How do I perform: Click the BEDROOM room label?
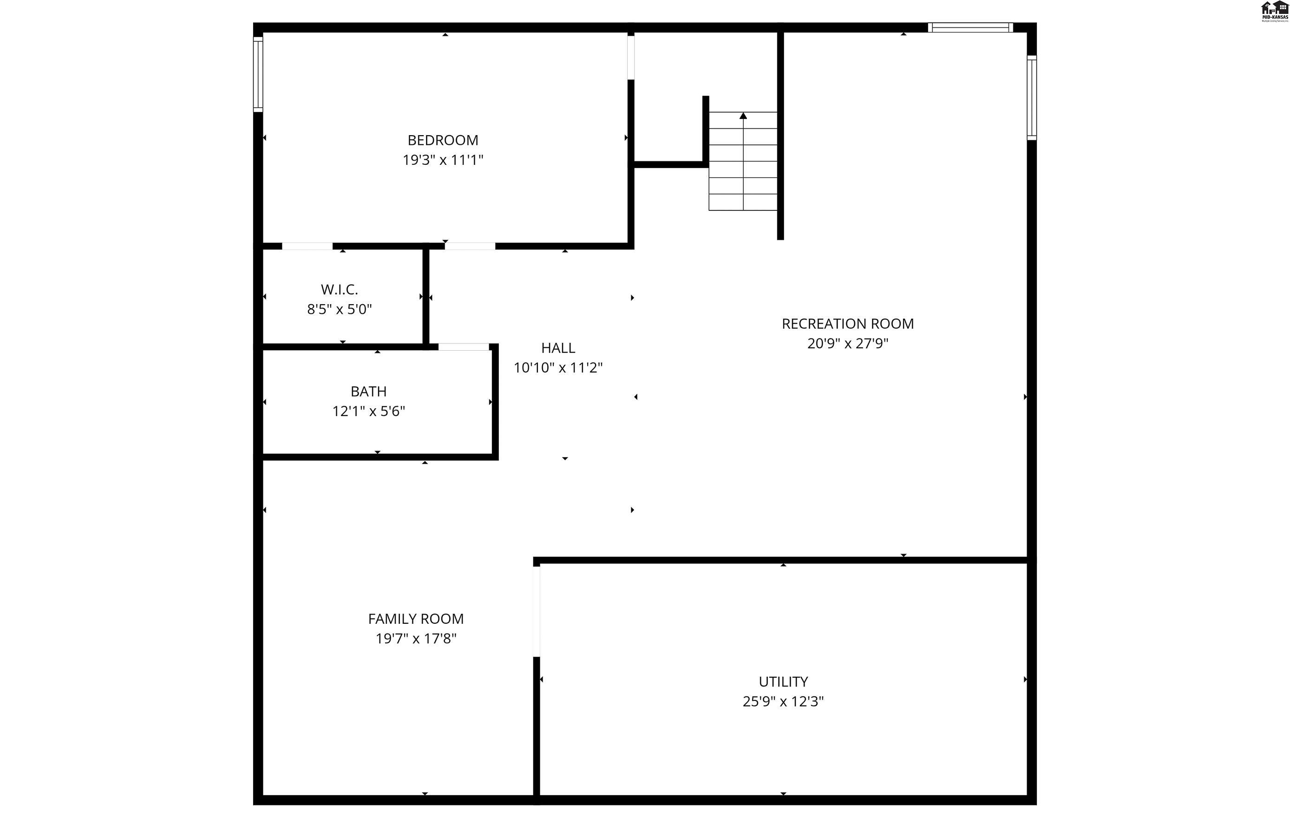pos(443,140)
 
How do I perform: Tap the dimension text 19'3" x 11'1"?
pos(443,160)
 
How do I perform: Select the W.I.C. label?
pos(339,289)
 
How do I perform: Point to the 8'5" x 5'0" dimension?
pos(339,309)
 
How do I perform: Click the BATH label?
pos(368,391)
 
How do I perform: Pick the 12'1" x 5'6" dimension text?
pos(368,411)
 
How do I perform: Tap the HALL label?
pos(558,348)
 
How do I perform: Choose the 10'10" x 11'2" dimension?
pos(558,368)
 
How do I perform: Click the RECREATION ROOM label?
pos(848,323)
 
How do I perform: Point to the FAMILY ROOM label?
pos(416,619)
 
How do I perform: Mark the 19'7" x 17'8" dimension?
pos(416,639)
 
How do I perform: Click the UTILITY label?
pos(783,682)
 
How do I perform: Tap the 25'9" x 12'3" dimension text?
pos(783,702)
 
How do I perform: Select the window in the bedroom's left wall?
pos(258,74)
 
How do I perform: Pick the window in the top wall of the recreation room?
pos(970,27)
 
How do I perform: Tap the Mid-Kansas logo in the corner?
pos(1274,11)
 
